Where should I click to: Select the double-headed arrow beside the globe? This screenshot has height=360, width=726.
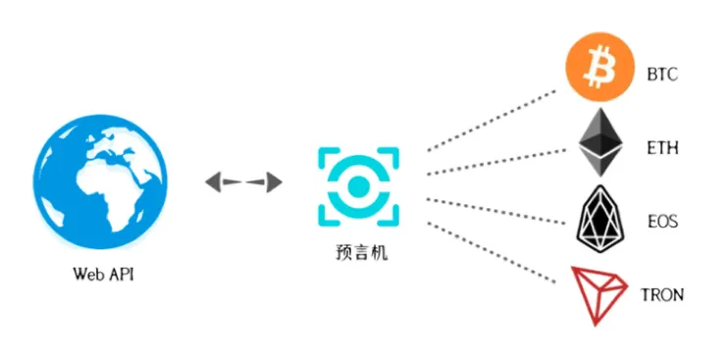tap(243, 181)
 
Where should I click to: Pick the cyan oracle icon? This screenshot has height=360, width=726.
tap(358, 184)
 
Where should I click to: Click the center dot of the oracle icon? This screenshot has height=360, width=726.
tap(358, 185)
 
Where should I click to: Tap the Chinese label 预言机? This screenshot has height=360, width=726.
tap(358, 254)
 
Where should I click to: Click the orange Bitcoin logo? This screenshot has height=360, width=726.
tap(594, 67)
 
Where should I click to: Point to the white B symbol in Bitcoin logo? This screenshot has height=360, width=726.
tap(594, 67)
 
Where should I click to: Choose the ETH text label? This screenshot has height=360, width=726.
tap(662, 149)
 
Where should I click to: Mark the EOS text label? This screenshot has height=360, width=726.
tap(662, 223)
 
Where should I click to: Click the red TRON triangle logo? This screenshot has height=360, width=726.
tap(598, 292)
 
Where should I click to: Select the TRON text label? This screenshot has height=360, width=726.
tap(662, 295)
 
